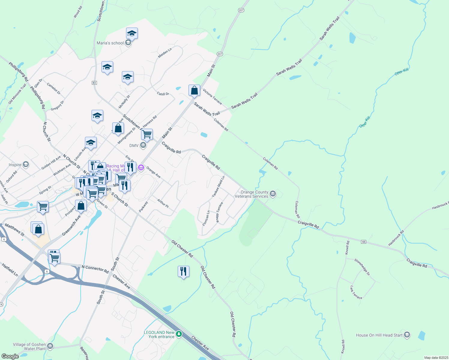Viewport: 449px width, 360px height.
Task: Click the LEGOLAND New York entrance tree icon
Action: coord(179,334)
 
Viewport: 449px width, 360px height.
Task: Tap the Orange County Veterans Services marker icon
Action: coord(273,194)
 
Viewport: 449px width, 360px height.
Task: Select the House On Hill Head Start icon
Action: coord(407,335)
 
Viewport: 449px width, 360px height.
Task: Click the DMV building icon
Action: coord(143,145)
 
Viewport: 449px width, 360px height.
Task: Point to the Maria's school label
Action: coord(110,43)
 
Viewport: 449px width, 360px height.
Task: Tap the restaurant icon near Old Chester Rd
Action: coord(183,271)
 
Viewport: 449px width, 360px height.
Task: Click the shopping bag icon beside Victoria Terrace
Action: coord(194,90)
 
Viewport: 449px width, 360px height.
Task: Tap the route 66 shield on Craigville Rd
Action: coord(363,242)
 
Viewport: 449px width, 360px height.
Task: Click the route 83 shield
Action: coord(95,82)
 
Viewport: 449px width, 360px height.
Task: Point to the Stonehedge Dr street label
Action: coord(362,267)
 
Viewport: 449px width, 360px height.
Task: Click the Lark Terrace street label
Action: coord(356,292)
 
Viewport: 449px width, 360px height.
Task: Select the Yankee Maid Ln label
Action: coord(218,187)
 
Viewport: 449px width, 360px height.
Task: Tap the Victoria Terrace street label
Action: coord(212,97)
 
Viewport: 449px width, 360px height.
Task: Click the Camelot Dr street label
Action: coord(54,89)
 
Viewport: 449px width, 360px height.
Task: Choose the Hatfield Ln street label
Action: coord(10,270)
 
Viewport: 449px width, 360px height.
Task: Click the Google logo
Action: coord(10,356)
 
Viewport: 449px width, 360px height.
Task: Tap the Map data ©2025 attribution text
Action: coord(436,358)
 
